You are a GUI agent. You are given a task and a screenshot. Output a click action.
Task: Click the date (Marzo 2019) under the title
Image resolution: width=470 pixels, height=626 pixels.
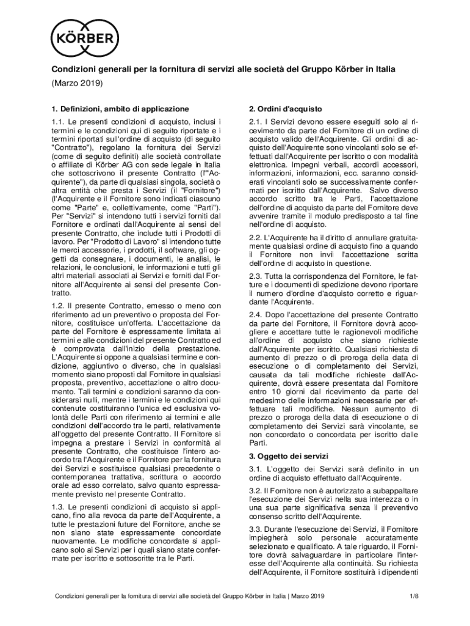[76, 83]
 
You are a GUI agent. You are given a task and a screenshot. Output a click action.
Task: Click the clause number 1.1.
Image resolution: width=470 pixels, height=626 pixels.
[57, 122]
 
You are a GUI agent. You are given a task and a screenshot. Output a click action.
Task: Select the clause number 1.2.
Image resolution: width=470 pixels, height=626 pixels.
[57, 305]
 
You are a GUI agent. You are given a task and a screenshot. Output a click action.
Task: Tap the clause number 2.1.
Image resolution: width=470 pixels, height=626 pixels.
[256, 122]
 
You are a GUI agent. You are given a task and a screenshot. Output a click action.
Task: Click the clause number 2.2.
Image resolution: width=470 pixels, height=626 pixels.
[256, 237]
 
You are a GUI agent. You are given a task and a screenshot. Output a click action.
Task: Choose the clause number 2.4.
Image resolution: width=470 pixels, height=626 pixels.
[256, 314]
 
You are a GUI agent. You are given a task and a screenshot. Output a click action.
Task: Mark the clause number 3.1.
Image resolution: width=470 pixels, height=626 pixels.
[256, 469]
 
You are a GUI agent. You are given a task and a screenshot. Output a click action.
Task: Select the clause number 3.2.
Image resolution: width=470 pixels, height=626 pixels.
[256, 491]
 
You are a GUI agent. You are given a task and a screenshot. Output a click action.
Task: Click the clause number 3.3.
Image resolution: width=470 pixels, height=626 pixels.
[256, 528]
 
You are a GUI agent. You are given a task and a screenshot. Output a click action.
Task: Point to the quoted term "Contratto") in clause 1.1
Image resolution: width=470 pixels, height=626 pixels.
[72, 147]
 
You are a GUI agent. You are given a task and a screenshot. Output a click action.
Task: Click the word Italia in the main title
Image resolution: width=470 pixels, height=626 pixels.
[383, 69]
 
